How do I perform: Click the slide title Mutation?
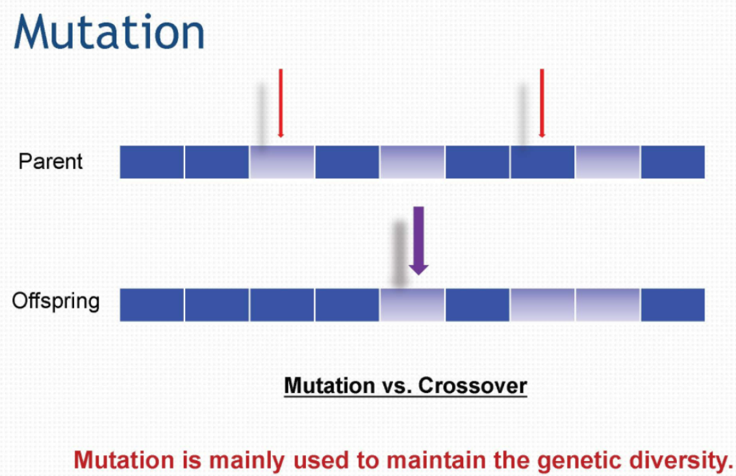click(109, 32)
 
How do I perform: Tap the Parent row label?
click(51, 162)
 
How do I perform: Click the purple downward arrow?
click(418, 240)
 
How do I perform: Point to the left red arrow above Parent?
click(281, 103)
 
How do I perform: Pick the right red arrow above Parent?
click(542, 103)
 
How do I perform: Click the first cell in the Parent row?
click(151, 162)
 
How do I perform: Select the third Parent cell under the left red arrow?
click(282, 162)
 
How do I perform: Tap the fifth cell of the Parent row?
click(412, 162)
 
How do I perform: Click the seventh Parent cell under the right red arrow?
click(542, 162)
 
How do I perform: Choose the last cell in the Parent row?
click(673, 162)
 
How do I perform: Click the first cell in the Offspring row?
click(151, 305)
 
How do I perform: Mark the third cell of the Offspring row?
click(282, 305)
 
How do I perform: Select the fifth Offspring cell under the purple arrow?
click(412, 305)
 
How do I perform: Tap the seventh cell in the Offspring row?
click(542, 305)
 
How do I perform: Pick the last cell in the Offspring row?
click(673, 305)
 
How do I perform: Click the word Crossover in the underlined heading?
click(473, 386)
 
